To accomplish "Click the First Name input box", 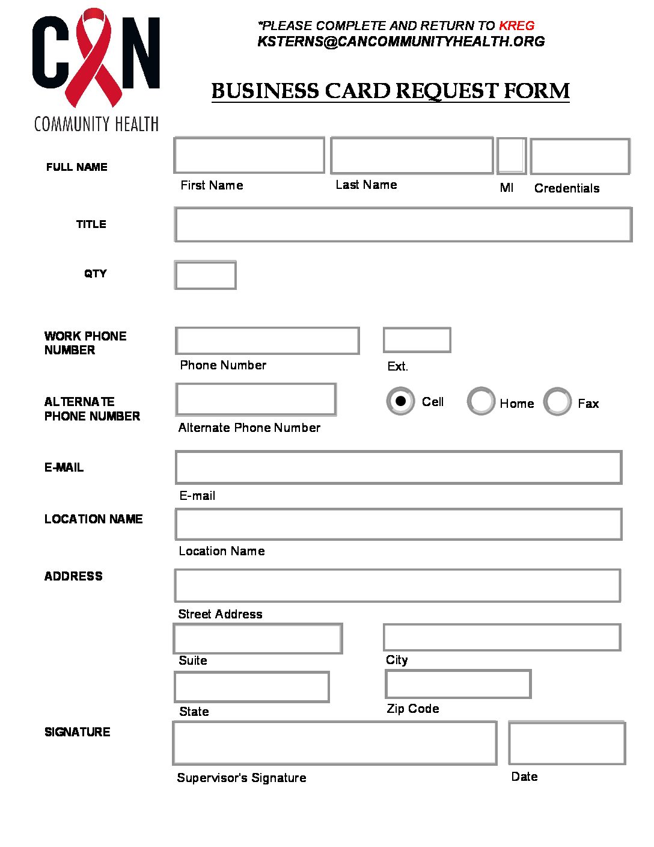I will point(249,155).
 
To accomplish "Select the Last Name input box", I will point(412,155).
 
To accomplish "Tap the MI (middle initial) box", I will point(512,155).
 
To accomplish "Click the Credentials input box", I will point(580,156).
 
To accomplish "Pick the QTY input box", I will point(205,275).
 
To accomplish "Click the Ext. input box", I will point(417,340).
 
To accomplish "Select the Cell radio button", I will point(400,401).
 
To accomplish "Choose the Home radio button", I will point(481,401).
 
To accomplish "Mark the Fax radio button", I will point(557,401).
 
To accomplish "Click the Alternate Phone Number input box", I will point(256,399).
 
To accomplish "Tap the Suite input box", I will point(258,638).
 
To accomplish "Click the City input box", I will point(502,637).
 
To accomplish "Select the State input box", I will point(252,687).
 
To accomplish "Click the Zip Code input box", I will point(458,684).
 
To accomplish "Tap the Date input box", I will point(567,743).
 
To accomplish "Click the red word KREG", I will point(516,26).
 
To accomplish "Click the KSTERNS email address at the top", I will point(401,42).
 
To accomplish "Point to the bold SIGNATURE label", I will point(78,732).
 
